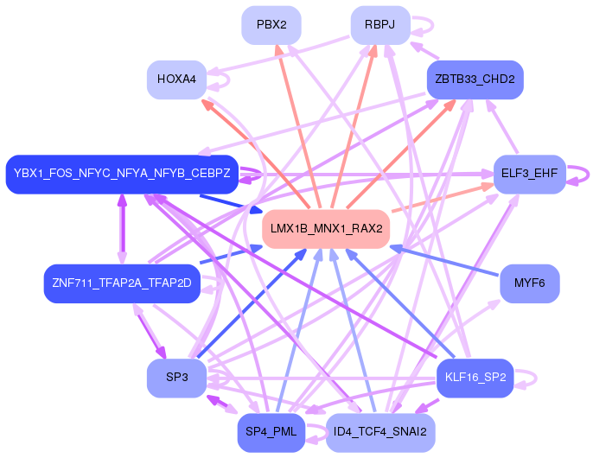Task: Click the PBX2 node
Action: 271,24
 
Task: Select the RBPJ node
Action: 379,24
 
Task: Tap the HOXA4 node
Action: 176,80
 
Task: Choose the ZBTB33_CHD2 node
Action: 475,80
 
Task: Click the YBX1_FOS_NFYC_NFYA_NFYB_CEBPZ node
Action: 122,174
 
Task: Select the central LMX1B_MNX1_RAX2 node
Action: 326,229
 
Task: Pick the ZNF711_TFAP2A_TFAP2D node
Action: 122,283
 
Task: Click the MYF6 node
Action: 529,283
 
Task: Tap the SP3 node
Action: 176,378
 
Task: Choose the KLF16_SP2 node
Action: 475,378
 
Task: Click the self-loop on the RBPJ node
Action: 422,25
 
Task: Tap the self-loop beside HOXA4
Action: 220,80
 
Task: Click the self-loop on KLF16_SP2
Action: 526,378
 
